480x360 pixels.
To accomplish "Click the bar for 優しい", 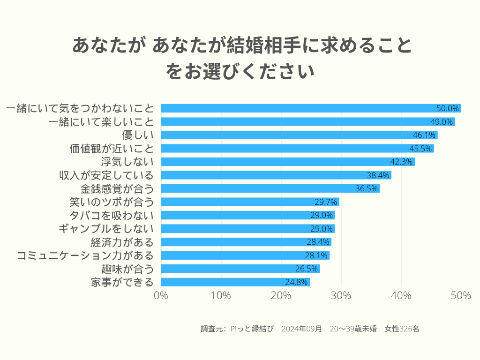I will coord(299,135).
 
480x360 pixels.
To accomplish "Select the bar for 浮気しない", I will coord(288,162).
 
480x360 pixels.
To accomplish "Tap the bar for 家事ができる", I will coord(235,282).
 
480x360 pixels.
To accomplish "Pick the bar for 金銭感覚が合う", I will coord(270,188).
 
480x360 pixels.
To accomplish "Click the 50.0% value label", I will coord(448,108).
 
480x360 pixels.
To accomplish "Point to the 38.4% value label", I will coord(378,175).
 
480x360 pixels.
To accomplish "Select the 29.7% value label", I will coord(326,202).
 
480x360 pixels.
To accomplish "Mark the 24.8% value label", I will coord(297,282).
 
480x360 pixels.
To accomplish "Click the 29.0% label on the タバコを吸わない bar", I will coord(322,215).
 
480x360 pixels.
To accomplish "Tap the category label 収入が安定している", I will coord(106,175).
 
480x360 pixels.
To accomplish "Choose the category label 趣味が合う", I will coord(127,269).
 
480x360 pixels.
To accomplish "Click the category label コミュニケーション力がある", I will coord(85,255).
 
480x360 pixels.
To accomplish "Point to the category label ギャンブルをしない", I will coord(106,229).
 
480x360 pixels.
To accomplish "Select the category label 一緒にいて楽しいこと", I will coord(101,122).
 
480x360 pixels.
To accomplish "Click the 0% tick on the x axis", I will coord(161,296).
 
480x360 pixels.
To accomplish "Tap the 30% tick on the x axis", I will coord(341,296).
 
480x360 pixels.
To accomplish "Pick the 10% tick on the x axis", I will coord(221,296).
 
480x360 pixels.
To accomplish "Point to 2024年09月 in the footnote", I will coord(302,329).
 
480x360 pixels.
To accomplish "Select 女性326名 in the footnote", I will coord(402,329).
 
